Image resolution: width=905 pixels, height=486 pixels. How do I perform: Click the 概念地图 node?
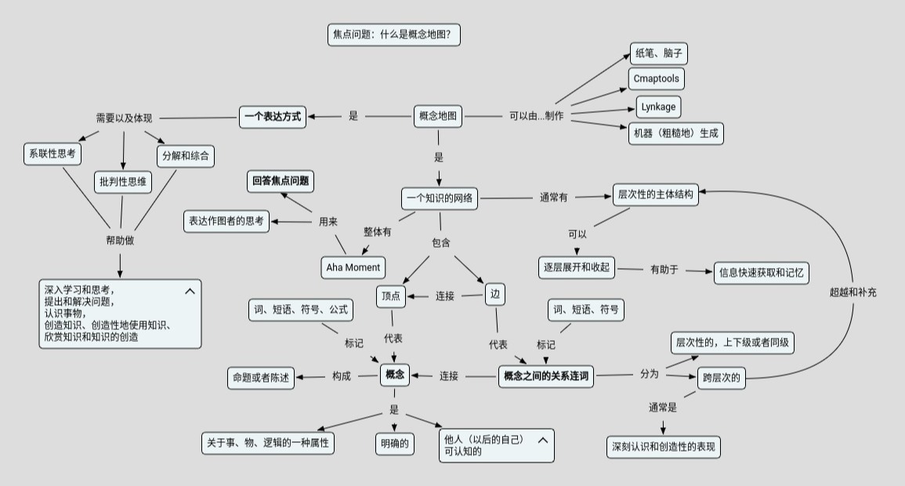(437, 117)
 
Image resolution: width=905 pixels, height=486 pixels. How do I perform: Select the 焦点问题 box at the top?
(393, 34)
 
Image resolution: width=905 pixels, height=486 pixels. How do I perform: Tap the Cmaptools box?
(656, 79)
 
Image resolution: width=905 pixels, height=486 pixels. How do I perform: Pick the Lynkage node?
(657, 107)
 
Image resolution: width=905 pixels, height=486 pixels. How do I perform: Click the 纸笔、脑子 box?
(658, 54)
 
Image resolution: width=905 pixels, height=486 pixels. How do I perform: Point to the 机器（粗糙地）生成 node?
(675, 133)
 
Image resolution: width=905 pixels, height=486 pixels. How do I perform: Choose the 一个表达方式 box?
(272, 117)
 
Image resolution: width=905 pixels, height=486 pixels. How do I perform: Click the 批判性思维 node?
(123, 182)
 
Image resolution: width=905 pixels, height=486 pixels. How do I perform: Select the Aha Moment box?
(353, 267)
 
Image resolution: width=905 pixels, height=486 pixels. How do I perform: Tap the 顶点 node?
(391, 296)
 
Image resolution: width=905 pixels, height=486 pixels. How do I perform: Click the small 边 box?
(494, 295)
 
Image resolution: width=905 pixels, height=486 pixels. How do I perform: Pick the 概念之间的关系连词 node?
(546, 376)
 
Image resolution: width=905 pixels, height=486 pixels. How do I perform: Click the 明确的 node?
(394, 444)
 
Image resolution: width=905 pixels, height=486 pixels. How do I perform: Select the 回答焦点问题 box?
(281, 181)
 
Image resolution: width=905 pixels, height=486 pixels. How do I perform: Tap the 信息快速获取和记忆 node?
(761, 273)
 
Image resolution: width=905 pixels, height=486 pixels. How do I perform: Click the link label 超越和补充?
(853, 292)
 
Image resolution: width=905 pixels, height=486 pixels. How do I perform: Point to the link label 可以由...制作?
(536, 117)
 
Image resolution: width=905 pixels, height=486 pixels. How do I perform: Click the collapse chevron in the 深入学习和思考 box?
(190, 292)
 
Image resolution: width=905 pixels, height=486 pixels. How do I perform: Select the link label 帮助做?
(120, 241)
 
